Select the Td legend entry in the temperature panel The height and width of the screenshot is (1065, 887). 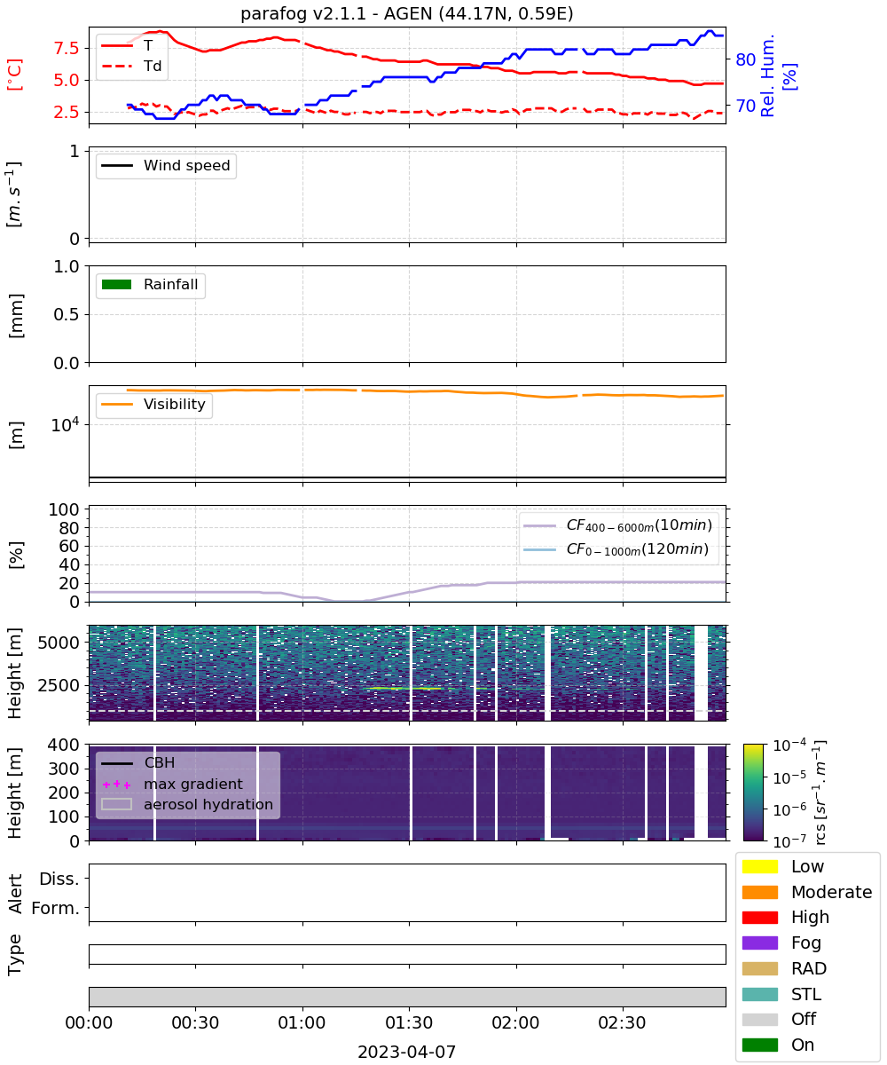(x=131, y=66)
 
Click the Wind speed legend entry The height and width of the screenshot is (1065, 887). (x=166, y=165)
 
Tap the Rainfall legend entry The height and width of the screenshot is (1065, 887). (x=150, y=284)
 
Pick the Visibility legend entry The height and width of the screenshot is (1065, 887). (x=153, y=404)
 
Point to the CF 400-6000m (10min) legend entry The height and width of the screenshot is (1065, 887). (x=617, y=525)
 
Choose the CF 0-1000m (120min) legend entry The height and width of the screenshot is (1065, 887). (x=616, y=549)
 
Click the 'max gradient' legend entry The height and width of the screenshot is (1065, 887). (x=173, y=784)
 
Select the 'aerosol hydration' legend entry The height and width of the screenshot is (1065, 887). (x=187, y=804)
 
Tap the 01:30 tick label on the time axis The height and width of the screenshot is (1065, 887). (x=409, y=1022)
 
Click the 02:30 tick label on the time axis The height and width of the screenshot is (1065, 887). (x=622, y=1022)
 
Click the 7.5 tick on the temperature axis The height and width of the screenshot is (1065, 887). (x=67, y=49)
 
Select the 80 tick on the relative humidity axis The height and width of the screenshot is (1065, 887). (x=745, y=60)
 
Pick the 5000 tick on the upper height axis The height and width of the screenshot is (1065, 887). (x=59, y=643)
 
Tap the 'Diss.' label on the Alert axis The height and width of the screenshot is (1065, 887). (x=59, y=879)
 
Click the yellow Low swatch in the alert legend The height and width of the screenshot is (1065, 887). (x=759, y=866)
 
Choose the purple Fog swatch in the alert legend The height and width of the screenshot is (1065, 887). (x=759, y=943)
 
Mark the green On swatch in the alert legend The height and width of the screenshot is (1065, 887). (x=759, y=1045)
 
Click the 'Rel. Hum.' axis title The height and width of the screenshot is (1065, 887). (x=767, y=75)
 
